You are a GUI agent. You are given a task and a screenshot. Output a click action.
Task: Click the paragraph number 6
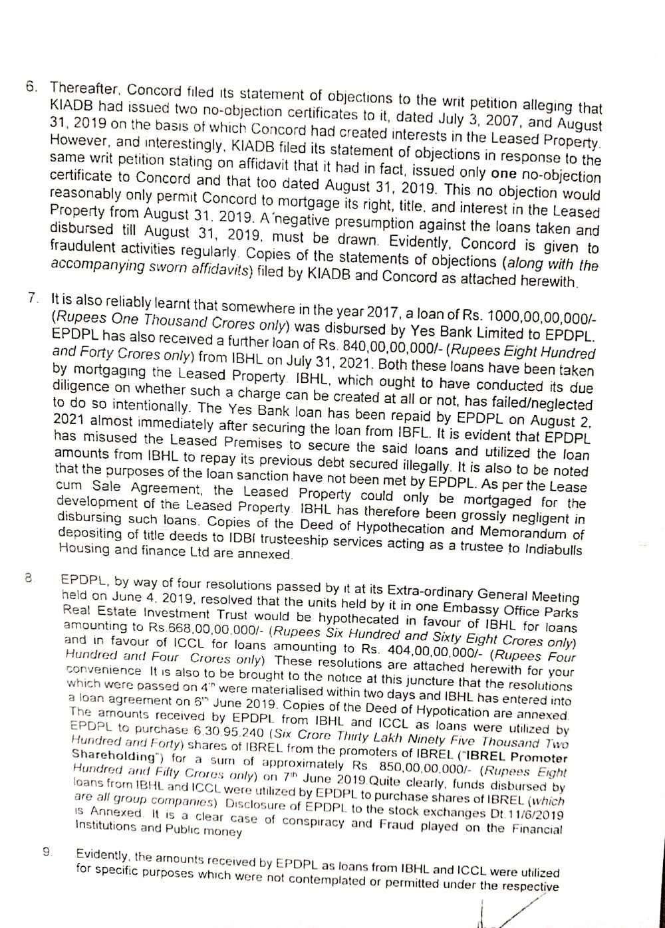[x=30, y=86]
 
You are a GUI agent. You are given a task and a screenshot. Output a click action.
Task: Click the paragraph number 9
[x=47, y=852]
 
